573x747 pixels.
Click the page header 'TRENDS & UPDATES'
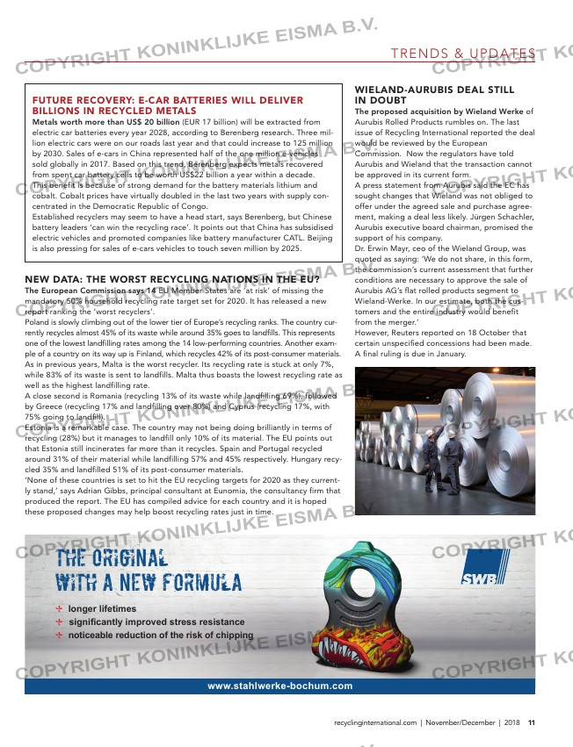[463, 54]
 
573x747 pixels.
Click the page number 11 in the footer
[531, 722]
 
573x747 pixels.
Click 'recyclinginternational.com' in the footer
[375, 722]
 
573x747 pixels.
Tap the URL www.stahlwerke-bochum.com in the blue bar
[279, 686]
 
